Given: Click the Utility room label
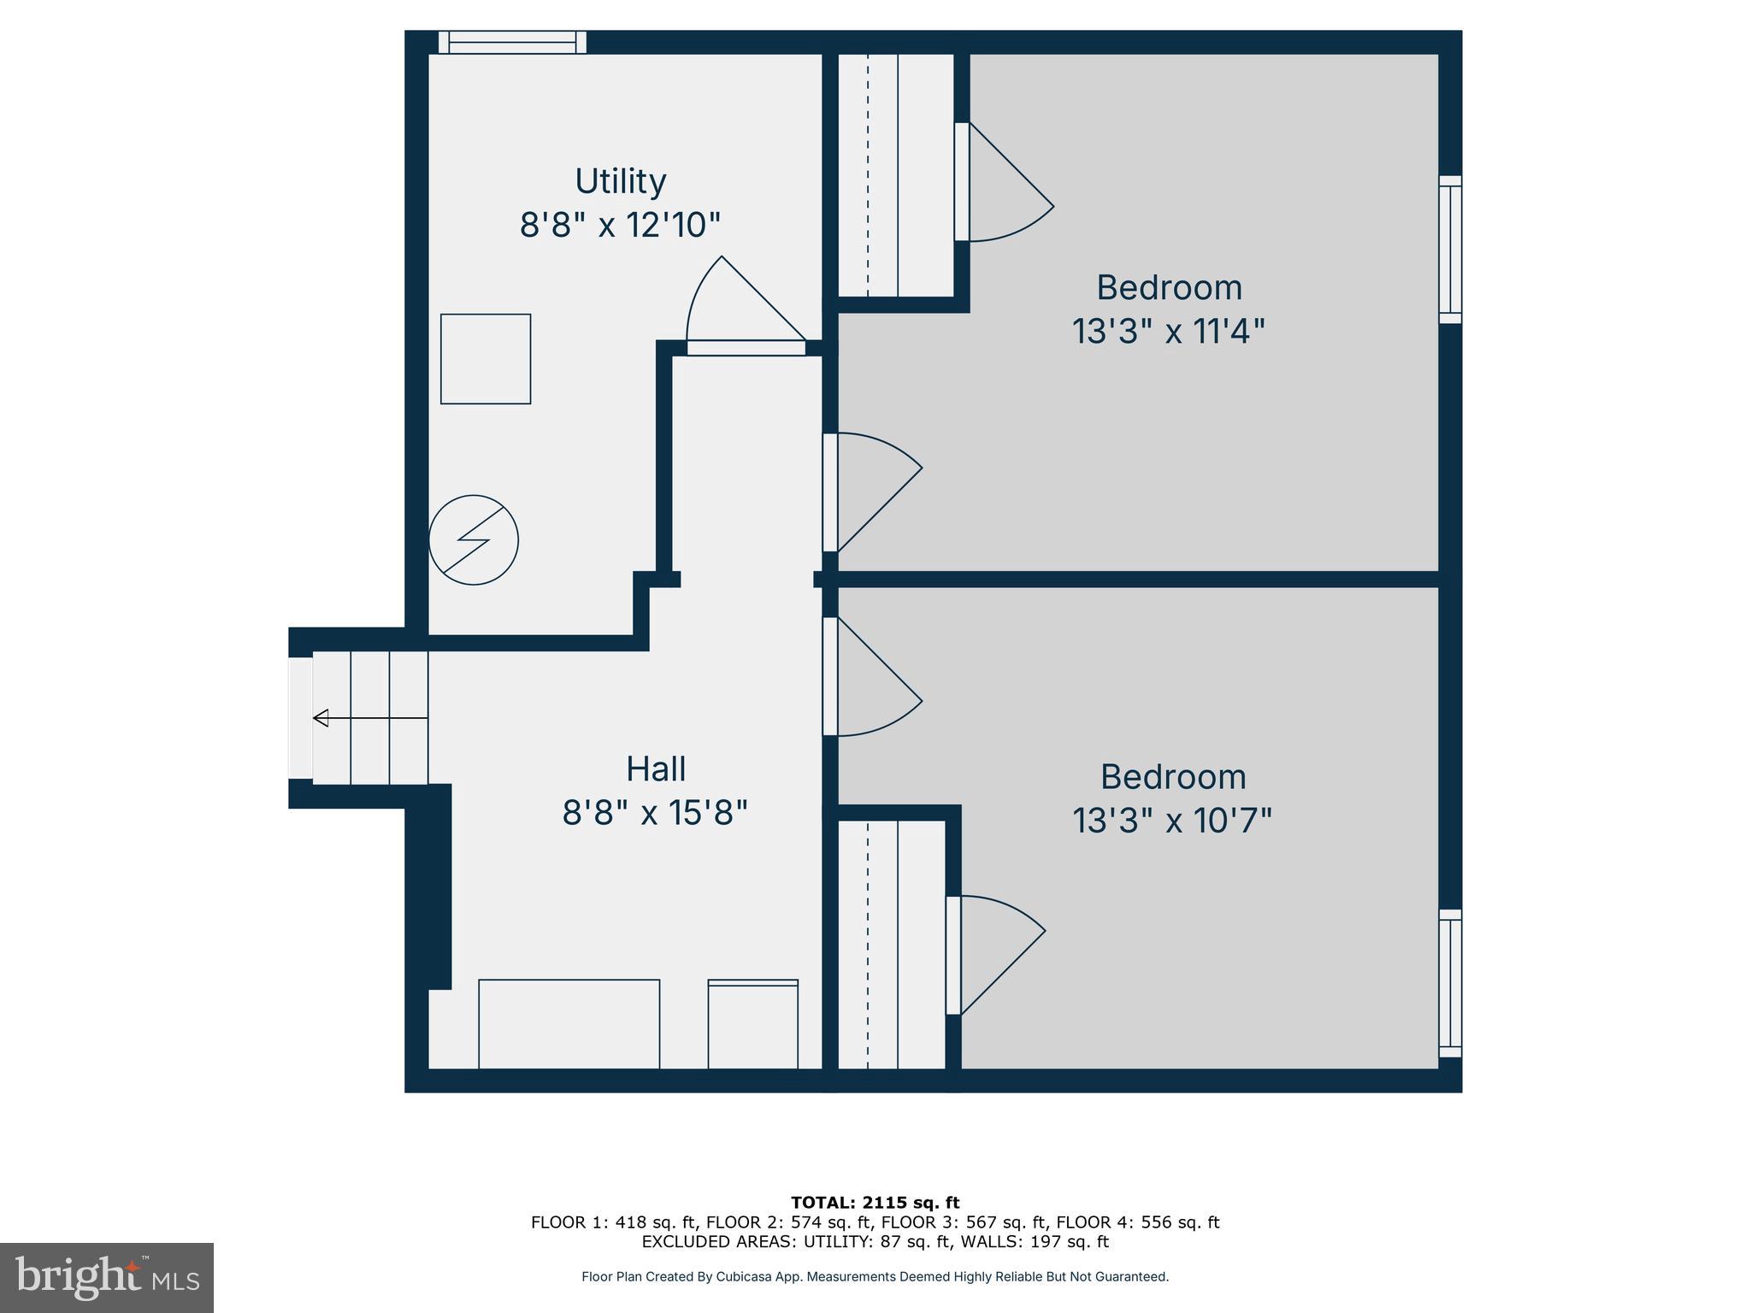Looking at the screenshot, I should click(x=620, y=181).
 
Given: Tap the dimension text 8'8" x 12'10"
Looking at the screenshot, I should click(x=620, y=226).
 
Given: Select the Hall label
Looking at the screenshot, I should click(x=656, y=768).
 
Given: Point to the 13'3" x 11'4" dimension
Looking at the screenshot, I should click(x=1168, y=331).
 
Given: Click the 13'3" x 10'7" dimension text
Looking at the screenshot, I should click(x=1171, y=821).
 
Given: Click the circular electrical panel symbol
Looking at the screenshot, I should click(x=474, y=540).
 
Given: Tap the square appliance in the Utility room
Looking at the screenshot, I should click(x=486, y=359).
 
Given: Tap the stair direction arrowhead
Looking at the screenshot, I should click(x=321, y=718).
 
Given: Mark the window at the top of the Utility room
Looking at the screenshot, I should click(x=512, y=43).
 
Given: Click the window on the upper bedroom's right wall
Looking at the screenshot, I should click(x=1450, y=250).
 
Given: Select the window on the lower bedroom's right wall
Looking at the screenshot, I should click(x=1450, y=983).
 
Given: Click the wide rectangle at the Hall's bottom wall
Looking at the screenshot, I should click(x=569, y=1023).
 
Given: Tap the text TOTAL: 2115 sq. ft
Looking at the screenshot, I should click(x=875, y=1203).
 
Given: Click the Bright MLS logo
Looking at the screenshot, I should click(x=107, y=1277).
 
